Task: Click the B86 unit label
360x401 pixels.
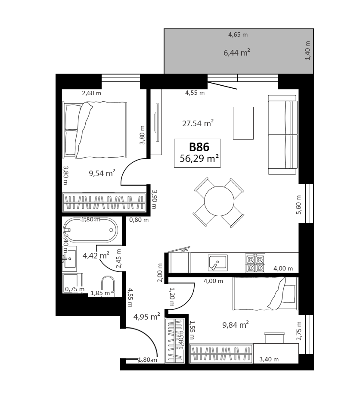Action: coord(199,147)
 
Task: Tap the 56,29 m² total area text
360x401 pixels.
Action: coord(199,159)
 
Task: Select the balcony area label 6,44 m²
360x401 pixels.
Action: coord(237,53)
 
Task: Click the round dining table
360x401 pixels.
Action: coord(219,201)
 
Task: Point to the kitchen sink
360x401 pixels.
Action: coord(217,263)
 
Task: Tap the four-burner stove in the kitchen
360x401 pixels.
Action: coord(255,263)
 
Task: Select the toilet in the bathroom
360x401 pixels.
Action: coord(108,286)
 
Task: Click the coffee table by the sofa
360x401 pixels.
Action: coord(243,123)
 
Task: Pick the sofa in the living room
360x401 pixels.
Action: coord(283,135)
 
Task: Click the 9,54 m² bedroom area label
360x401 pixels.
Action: coord(102,173)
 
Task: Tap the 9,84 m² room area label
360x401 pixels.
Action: coord(236,325)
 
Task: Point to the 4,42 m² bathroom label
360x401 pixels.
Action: coord(96,255)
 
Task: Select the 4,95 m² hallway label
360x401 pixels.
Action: coord(147,317)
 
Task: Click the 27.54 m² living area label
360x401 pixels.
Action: coord(198,123)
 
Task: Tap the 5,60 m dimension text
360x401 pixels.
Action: coord(299,205)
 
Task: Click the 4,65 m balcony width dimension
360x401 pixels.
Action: coord(238,34)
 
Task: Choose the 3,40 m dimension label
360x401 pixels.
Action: coord(269,359)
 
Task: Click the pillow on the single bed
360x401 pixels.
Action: coord(277,293)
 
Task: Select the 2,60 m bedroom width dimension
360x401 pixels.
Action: coord(92,93)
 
